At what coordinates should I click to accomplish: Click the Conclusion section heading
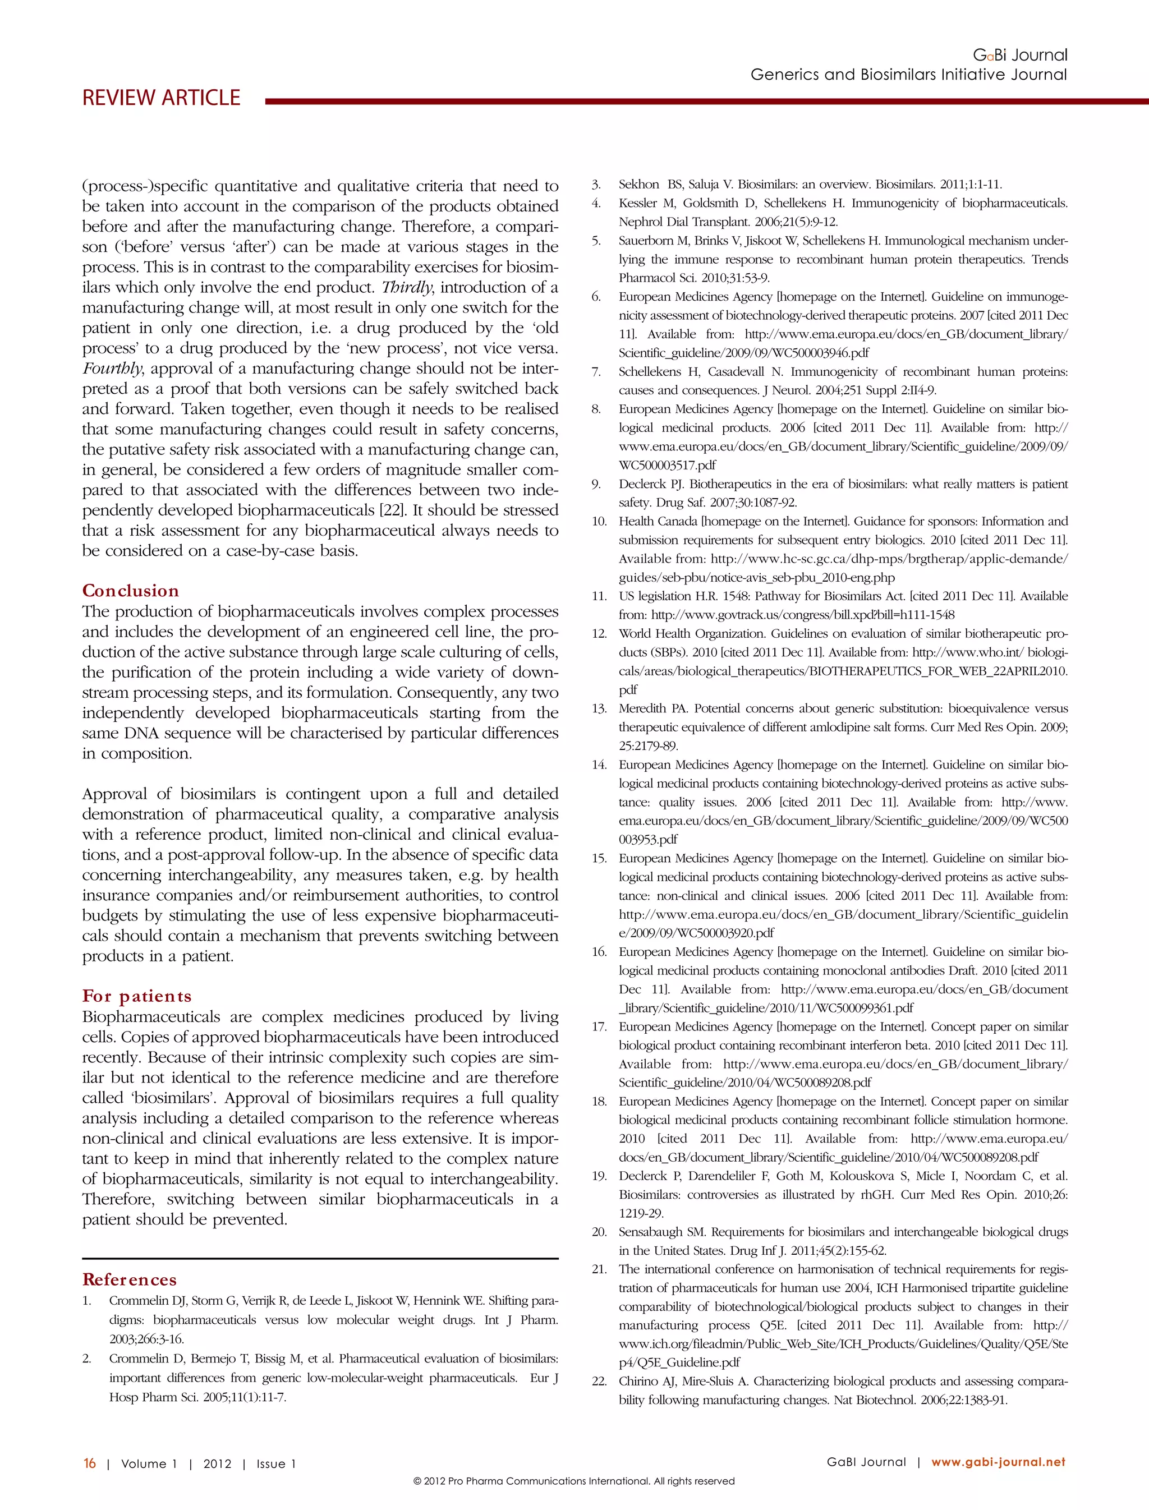coord(130,591)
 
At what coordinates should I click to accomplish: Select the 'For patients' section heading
coord(137,996)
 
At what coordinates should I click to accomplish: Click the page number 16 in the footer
coord(90,1463)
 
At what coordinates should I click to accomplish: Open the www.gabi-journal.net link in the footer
coord(998,1462)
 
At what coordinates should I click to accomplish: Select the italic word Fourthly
coord(113,369)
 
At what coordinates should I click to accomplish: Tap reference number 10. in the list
coord(599,521)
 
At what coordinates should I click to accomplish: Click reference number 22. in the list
coord(599,1381)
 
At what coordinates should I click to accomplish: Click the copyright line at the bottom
coord(574,1481)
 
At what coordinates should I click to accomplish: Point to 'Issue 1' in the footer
coord(275,1463)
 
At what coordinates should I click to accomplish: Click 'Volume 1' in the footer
coord(149,1463)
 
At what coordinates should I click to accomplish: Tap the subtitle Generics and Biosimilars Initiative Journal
coord(908,75)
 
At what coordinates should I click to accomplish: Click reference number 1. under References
coord(87,1301)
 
